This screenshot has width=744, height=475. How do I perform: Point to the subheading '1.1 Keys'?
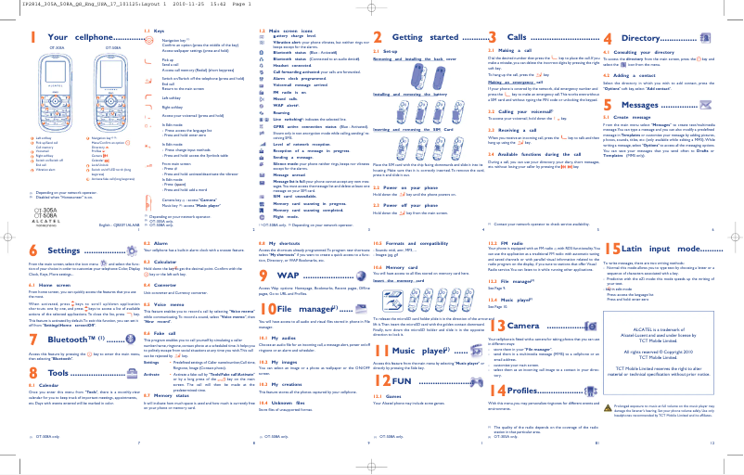click(x=154, y=31)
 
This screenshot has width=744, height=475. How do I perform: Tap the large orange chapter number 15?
click(x=612, y=249)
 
